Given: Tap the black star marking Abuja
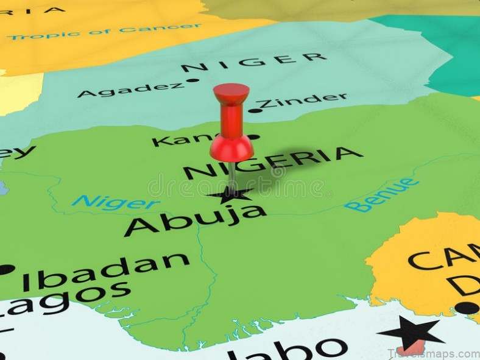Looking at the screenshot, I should tap(230, 194).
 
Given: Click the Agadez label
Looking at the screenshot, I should tap(130, 90).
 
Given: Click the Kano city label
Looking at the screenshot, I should tap(183, 139).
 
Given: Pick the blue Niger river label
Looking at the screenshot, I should tap(116, 202).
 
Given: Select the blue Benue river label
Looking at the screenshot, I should tap(381, 195).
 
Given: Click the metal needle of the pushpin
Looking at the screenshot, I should tap(232, 174).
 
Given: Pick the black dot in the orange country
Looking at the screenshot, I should tap(467, 308).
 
